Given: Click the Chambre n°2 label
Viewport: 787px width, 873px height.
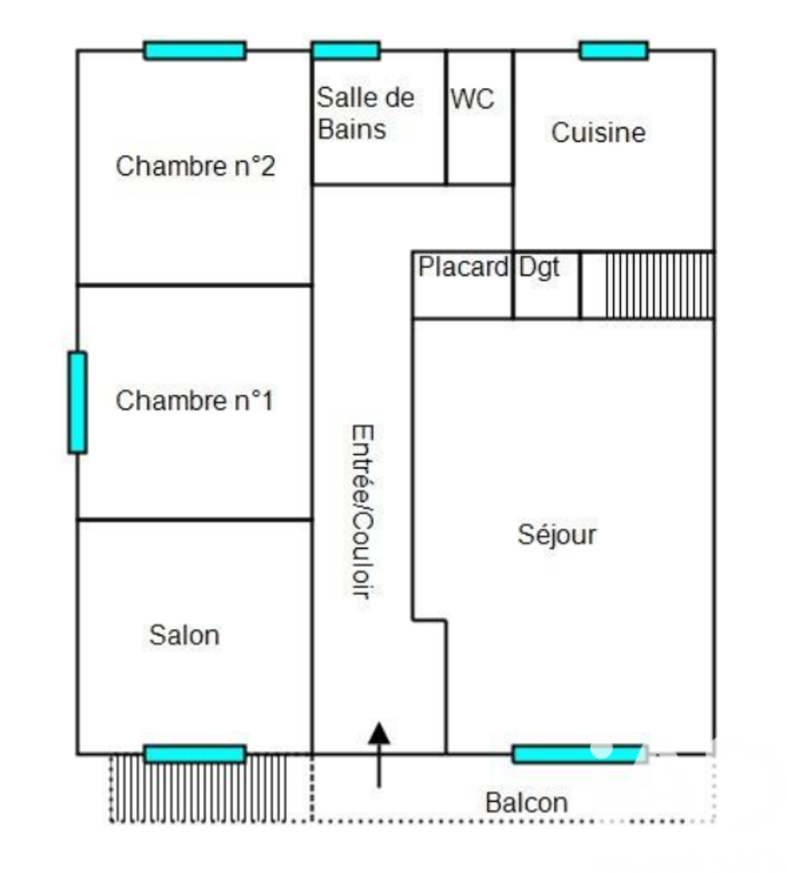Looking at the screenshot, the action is pos(195,166).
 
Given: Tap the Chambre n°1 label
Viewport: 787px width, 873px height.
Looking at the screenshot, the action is pos(195,401).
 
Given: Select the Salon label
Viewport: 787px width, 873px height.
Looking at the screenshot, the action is pos(184,635).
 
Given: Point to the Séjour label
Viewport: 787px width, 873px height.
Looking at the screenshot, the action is pos(557,535).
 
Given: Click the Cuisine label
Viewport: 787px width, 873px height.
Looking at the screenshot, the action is pos(598,132).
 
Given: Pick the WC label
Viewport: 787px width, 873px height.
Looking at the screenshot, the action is pos(472,99).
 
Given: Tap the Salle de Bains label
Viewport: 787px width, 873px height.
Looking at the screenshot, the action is pos(366,113).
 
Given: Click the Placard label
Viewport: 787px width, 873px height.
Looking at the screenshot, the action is pos(463,267).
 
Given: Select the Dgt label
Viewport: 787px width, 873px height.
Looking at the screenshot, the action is pos(539,268).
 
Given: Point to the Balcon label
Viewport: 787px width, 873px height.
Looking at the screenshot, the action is pos(527,803).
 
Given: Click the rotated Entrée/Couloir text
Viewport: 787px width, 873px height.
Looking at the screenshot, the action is pos(363,511).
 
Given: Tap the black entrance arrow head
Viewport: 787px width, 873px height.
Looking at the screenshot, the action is pos(379,733).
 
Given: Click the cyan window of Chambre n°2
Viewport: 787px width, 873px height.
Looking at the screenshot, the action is pos(195,50).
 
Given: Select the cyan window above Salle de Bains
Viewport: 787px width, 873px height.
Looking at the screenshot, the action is pos(346,50).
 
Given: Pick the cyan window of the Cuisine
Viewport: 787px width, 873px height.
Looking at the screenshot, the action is pos(614,50).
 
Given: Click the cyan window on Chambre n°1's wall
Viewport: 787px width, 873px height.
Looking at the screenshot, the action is pos(77,402).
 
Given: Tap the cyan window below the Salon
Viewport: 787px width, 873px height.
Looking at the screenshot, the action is pos(195,754).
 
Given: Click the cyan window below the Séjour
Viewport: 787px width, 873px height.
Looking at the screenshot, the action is pos(577,754).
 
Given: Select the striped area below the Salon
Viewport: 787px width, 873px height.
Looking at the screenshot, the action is pos(198,788).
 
